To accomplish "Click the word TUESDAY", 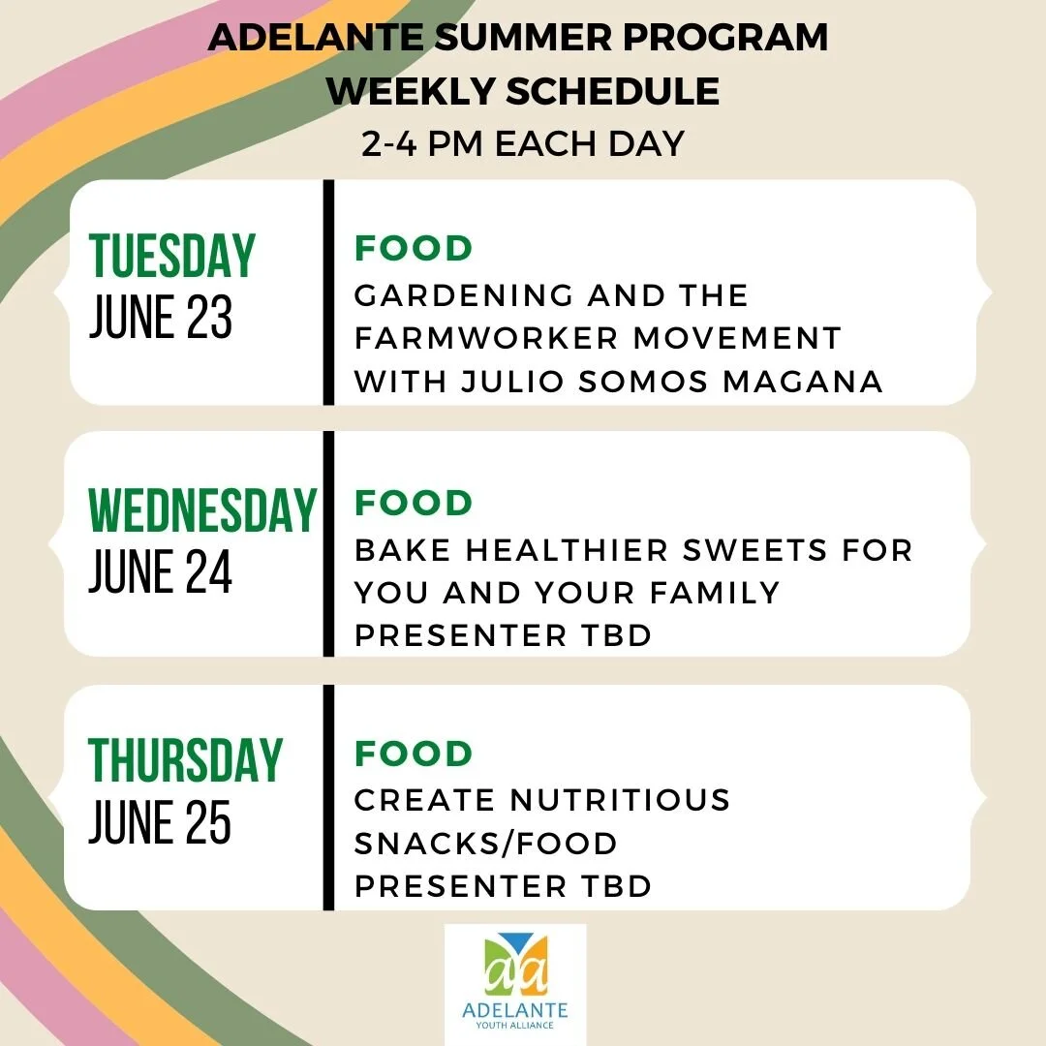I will pyautogui.click(x=171, y=256).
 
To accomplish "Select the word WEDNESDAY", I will pyautogui.click(x=202, y=509).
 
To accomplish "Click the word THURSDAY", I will pyautogui.click(x=185, y=760).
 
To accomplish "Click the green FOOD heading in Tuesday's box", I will pyautogui.click(x=414, y=249).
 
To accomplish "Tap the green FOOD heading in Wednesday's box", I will pyautogui.click(x=414, y=503).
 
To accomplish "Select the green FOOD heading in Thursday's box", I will pyautogui.click(x=414, y=754).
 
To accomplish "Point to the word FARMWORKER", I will pyautogui.click(x=485, y=338).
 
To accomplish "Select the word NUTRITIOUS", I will pyautogui.click(x=620, y=800).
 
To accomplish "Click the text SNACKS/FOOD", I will pyautogui.click(x=485, y=844).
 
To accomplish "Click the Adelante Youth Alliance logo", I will pyautogui.click(x=515, y=981).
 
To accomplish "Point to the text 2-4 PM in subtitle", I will pyautogui.click(x=425, y=143).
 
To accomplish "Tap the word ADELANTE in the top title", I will pyautogui.click(x=311, y=39).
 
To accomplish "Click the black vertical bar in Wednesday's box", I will pyautogui.click(x=328, y=543).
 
